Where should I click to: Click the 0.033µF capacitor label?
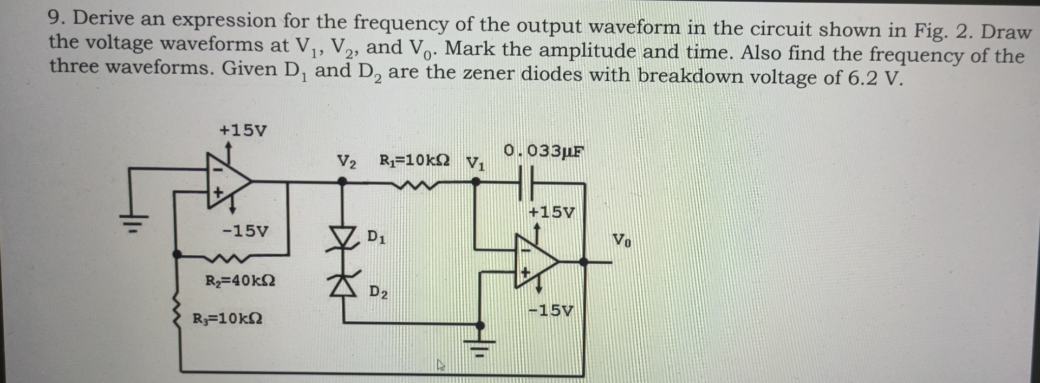point(543,151)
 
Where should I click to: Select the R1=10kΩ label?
point(414,160)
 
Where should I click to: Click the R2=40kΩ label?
point(240,281)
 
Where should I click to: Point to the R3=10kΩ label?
point(227,319)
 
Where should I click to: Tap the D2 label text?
point(379,292)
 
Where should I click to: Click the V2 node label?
point(347,161)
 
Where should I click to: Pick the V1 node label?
point(476,163)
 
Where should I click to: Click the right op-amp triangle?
point(535,261)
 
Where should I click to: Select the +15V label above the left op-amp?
point(243,131)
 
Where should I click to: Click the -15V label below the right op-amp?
point(551,311)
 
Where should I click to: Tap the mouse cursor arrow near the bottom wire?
point(441,366)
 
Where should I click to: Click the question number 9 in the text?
point(56,18)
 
